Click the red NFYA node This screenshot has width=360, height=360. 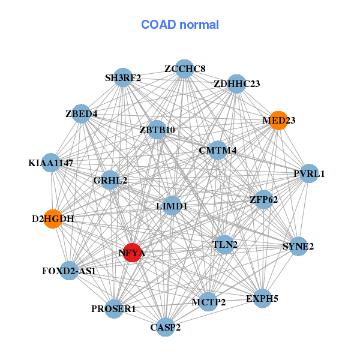(132, 253)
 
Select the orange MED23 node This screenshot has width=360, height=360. (278, 120)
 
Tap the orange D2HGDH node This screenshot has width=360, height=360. (53, 218)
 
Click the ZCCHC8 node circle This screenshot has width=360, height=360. (185, 69)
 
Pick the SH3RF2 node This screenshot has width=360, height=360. (123, 77)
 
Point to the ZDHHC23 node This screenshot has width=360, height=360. (236, 83)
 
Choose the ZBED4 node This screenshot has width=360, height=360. (82, 113)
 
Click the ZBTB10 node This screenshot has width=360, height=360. (157, 130)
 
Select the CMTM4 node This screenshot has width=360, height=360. (217, 150)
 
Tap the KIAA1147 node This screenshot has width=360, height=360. (50, 163)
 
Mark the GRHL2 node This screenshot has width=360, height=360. (110, 180)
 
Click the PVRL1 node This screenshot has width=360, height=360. (309, 173)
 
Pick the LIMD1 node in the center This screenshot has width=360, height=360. (172, 206)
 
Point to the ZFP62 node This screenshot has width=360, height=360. (263, 199)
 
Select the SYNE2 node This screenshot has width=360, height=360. (298, 245)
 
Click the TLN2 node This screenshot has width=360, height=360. (224, 244)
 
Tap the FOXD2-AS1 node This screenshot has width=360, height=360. (69, 271)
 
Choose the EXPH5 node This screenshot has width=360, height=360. (262, 298)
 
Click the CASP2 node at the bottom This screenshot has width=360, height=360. (165, 327)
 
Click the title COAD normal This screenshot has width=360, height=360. (180, 25)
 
